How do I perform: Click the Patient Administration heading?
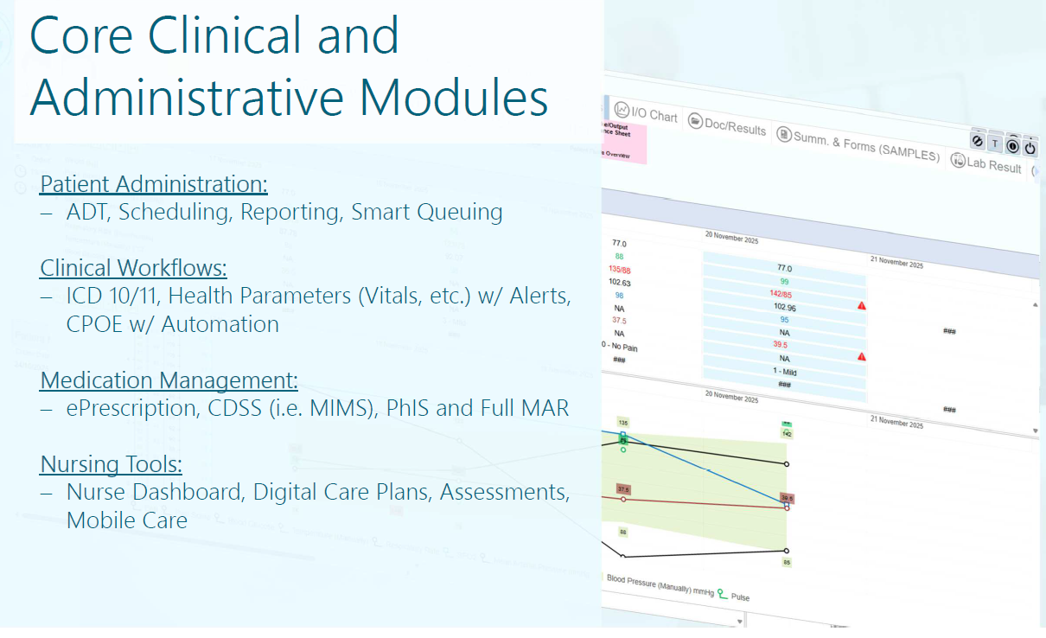tap(154, 184)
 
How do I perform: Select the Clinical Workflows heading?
tap(133, 267)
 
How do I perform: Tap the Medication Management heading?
tap(169, 380)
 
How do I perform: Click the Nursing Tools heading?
tap(111, 464)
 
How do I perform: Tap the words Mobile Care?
tap(126, 520)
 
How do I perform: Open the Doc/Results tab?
tap(727, 126)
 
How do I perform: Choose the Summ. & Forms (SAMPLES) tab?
tap(858, 146)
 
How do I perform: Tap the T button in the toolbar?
tap(995, 144)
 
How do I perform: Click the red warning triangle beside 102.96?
tap(862, 306)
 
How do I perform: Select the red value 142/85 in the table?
tap(783, 293)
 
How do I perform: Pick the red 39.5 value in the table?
tap(783, 344)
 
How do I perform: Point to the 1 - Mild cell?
tap(783, 371)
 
